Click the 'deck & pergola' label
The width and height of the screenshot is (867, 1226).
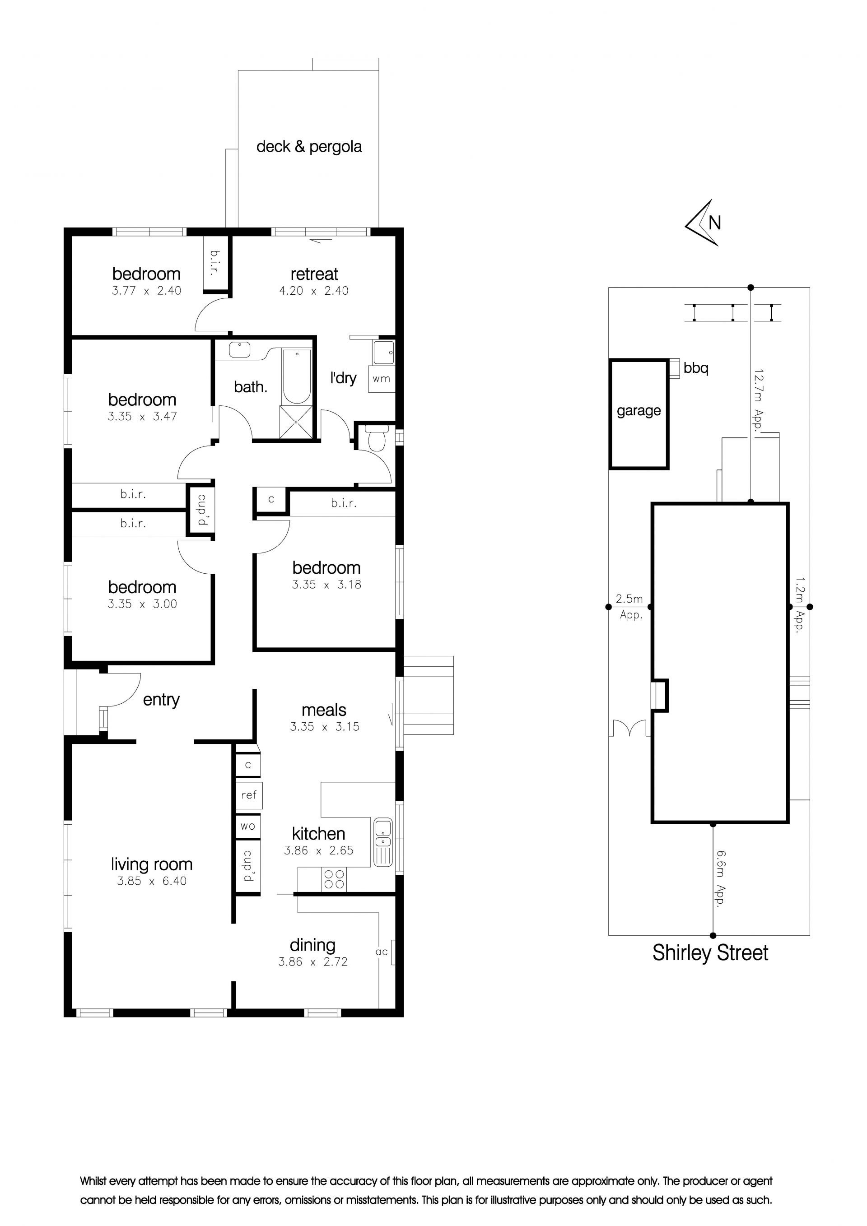[x=309, y=147]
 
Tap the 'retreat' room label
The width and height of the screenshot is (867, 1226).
[x=314, y=274]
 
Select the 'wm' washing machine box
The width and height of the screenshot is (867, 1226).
[x=382, y=379]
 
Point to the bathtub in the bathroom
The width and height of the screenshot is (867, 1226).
[x=297, y=376]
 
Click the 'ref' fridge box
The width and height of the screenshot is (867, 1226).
[x=249, y=794]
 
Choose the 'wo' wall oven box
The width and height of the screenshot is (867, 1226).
[x=248, y=826]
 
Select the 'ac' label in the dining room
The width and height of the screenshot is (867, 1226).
[x=382, y=952]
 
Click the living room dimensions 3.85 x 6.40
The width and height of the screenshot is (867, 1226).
[x=152, y=881]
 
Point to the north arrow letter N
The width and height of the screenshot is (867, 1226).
[x=715, y=222]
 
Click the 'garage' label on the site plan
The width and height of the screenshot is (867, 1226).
[x=639, y=411]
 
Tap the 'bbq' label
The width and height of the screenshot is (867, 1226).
[x=696, y=368]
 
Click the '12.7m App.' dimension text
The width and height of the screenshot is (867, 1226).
[x=759, y=396]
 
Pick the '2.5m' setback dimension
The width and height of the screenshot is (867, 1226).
[x=629, y=599]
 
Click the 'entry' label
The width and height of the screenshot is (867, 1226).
[x=161, y=700]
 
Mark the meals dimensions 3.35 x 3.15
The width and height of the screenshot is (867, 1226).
[x=325, y=726]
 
